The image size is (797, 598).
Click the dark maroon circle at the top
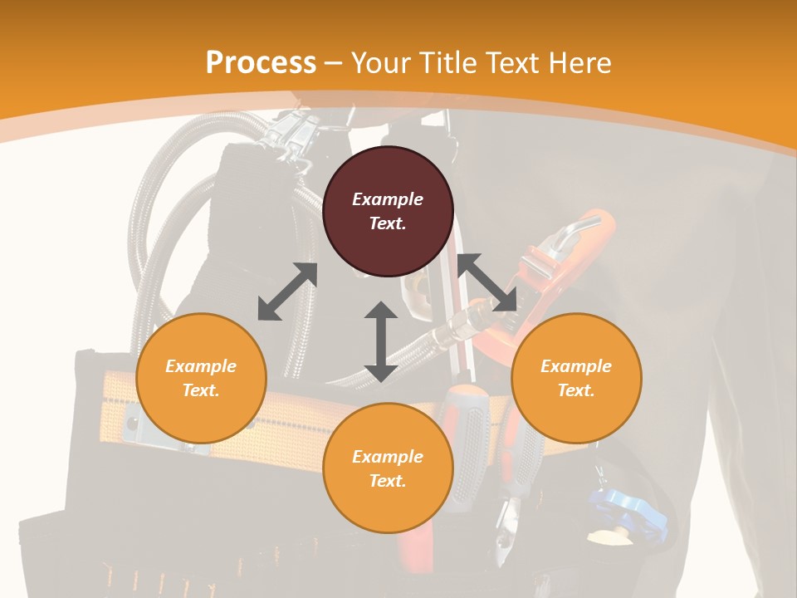tap(388, 212)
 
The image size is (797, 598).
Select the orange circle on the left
tap(201, 378)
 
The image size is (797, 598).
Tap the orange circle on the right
tap(576, 378)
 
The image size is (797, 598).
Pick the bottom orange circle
tap(388, 468)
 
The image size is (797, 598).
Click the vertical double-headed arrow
tap(380, 341)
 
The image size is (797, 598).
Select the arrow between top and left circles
tap(287, 292)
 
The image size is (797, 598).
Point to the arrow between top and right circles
tap(487, 283)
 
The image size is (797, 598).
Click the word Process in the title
tap(261, 63)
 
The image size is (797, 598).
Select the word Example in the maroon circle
tap(388, 199)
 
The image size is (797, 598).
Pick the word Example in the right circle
tap(576, 366)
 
